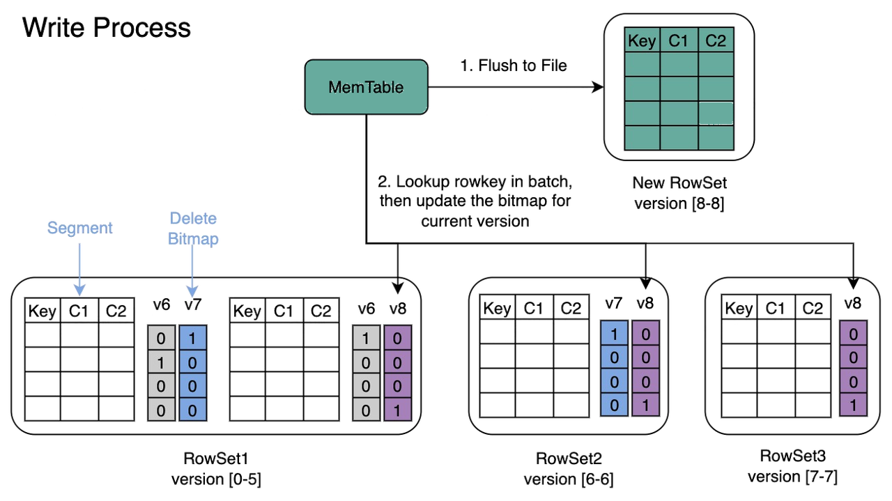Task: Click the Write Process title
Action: (x=106, y=28)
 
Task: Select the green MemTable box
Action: (x=365, y=86)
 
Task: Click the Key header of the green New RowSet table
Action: (x=641, y=41)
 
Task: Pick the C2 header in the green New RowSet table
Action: (x=716, y=41)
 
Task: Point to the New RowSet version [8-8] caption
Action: (x=679, y=194)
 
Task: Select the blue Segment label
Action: (x=79, y=228)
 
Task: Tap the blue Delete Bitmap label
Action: (x=192, y=229)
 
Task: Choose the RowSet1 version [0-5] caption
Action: (x=217, y=469)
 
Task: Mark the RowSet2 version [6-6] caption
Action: (x=569, y=469)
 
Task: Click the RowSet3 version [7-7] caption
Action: (x=792, y=467)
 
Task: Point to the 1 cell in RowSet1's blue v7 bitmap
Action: (x=192, y=339)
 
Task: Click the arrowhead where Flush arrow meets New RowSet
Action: (x=597, y=86)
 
